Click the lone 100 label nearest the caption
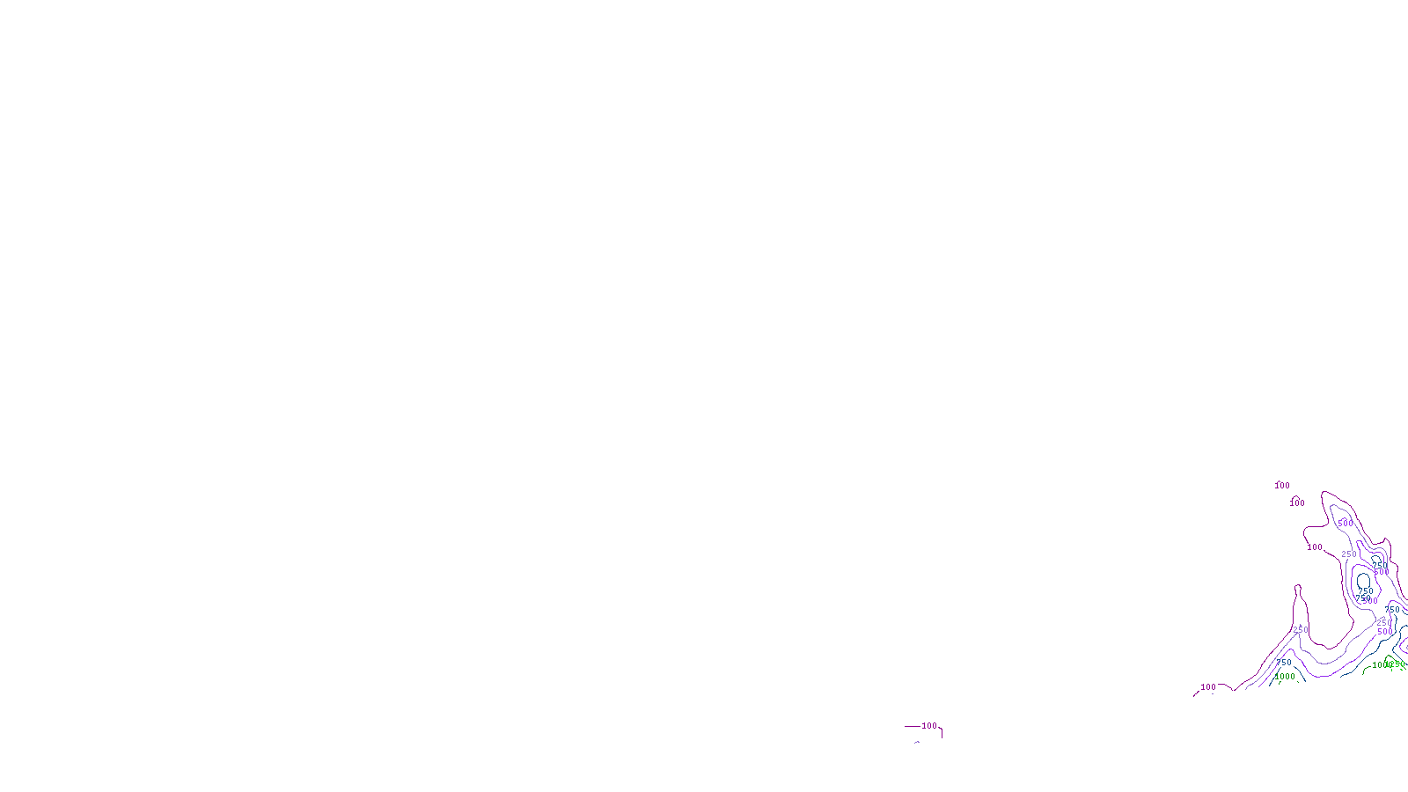929,726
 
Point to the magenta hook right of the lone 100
941,730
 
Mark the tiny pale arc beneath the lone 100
917,742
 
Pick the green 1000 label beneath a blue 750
1285,677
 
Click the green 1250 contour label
1397,664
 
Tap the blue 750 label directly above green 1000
1284,663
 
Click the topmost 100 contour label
1282,486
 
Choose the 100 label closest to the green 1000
1208,687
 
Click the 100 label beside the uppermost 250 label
1315,547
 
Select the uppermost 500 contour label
1346,524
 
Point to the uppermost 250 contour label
1349,554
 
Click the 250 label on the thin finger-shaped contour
1301,630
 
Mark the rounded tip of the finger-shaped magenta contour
1298,587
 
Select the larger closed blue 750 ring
1364,581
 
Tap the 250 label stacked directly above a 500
1384,622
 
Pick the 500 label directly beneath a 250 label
1385,632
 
